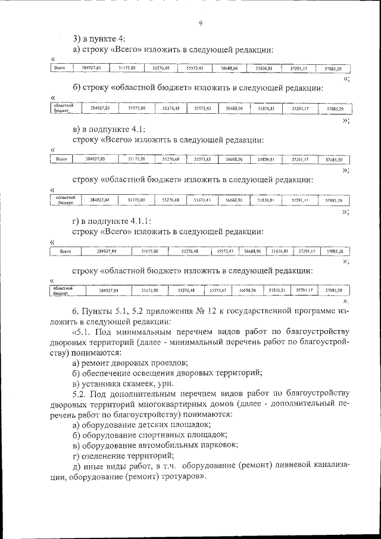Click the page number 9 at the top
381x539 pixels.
(x=201, y=23)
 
